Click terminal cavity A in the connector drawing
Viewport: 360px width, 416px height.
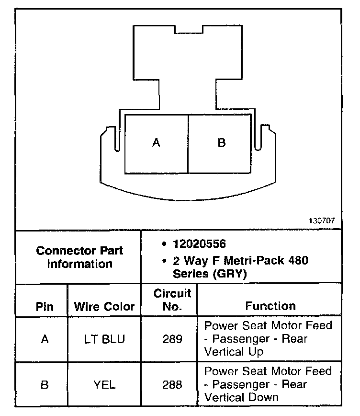(x=156, y=143)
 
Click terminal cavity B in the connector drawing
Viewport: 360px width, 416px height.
(x=221, y=143)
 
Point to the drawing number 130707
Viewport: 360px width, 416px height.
(x=323, y=221)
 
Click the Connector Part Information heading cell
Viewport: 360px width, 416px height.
(x=79, y=257)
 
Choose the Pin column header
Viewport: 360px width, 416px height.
(x=45, y=307)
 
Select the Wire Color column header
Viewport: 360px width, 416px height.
(x=104, y=307)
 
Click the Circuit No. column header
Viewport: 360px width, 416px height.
(x=172, y=300)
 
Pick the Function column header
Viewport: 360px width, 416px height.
(x=270, y=306)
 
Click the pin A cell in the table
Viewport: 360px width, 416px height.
(x=45, y=339)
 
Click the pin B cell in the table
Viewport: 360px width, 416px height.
(x=45, y=384)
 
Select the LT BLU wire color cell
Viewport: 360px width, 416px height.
(x=104, y=339)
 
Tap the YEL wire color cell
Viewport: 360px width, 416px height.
(x=104, y=384)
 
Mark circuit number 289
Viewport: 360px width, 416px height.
(x=172, y=339)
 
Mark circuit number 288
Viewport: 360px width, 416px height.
(x=172, y=384)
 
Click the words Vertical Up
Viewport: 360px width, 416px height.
(x=235, y=351)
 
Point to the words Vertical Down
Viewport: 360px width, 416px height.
(x=241, y=397)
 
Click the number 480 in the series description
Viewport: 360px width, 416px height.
(x=297, y=261)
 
